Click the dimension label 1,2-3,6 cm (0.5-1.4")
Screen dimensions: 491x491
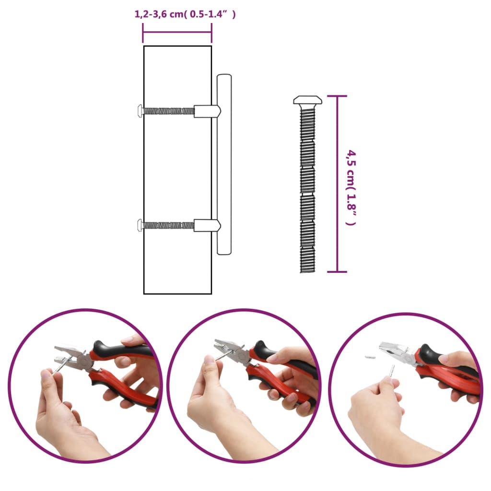point(185,14)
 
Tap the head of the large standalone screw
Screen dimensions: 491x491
point(307,100)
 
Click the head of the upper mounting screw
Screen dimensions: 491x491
point(140,111)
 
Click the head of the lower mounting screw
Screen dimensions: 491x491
point(140,224)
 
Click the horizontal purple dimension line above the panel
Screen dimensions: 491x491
point(177,32)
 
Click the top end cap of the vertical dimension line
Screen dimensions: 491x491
point(338,96)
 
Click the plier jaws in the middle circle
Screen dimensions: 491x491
point(228,351)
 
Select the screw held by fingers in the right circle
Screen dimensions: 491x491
point(391,371)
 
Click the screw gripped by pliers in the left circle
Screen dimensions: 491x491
point(60,366)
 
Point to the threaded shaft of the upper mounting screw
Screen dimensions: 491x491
point(168,111)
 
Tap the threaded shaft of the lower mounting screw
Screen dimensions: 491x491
point(168,224)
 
